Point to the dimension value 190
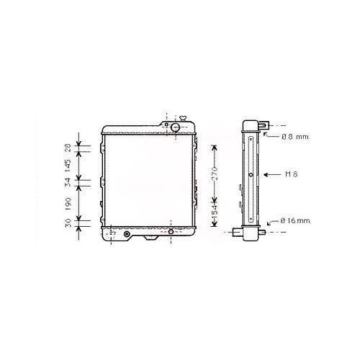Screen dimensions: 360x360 coord(69,201)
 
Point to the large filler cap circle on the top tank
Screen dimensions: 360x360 coord(175,127)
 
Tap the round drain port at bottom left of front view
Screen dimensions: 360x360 coord(127,235)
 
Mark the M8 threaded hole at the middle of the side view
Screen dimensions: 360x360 coord(250,175)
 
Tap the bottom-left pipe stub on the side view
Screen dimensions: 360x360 coord(237,233)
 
